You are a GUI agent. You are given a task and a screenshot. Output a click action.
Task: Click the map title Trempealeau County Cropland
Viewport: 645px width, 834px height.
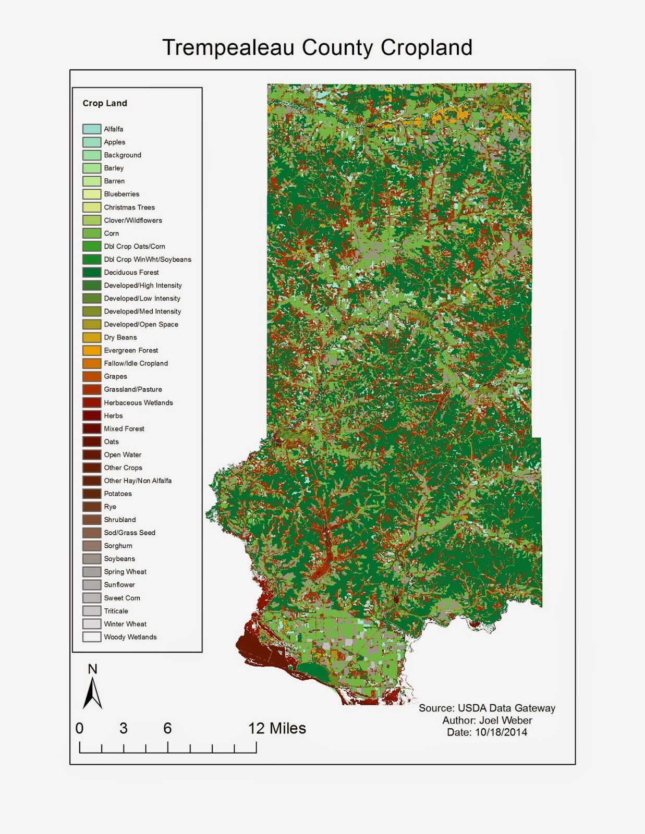pos(317,47)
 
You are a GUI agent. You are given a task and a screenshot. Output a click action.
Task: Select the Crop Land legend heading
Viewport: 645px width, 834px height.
pos(105,103)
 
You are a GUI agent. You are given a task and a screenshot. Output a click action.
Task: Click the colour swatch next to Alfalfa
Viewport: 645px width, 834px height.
pos(92,129)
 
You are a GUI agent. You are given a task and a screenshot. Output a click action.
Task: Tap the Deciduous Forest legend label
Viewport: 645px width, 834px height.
pos(131,272)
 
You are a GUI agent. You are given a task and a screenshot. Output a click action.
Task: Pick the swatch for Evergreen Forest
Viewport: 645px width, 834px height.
pos(92,350)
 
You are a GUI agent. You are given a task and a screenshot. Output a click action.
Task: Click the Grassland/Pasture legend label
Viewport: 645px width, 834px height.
pos(133,389)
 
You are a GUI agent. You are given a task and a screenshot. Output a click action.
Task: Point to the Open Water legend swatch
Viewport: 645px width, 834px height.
pos(92,455)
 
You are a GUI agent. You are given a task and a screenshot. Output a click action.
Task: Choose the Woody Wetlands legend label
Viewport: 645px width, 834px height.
pos(130,637)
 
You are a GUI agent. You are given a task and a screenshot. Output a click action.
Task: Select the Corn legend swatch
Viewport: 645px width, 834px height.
pos(92,233)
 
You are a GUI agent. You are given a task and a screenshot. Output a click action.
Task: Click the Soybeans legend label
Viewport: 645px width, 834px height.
pos(119,559)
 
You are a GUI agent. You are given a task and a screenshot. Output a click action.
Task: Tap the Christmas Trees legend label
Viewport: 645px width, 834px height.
pos(129,207)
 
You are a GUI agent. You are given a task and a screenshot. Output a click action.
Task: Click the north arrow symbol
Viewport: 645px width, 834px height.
pos(92,693)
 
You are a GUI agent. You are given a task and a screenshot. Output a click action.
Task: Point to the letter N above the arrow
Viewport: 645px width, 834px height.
pos(92,669)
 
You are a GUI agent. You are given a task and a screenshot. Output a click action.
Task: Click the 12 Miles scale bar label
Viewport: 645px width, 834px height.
pos(277,728)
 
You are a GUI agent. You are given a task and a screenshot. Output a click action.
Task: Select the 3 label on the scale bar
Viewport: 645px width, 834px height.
pos(124,728)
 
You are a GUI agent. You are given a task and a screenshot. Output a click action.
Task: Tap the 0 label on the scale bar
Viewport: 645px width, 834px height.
pos(79,728)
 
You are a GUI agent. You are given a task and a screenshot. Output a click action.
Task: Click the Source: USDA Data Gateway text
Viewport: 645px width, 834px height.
pos(487,708)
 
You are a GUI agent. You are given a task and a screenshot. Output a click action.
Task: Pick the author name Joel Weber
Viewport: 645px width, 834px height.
pos(506,720)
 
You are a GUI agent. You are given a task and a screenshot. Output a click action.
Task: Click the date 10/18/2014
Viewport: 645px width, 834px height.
pos(501,732)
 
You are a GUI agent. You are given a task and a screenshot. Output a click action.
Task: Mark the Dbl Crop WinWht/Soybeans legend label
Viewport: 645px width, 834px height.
pos(148,259)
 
